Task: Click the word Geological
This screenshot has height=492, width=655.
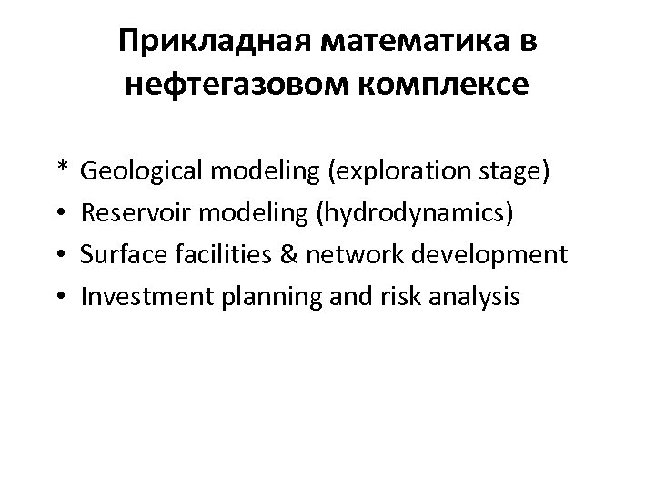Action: (x=134, y=171)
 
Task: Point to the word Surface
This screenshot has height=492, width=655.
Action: (x=114, y=254)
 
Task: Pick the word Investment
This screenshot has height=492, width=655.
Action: (x=136, y=296)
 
